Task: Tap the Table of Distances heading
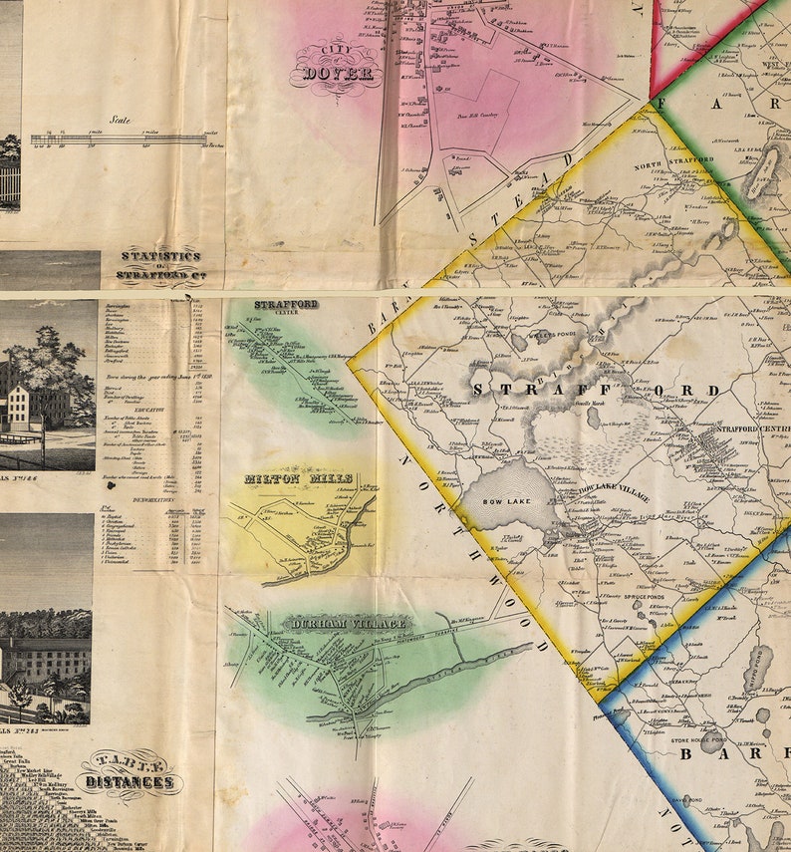pyautogui.click(x=131, y=773)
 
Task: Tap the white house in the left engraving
pyautogui.click(x=19, y=407)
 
